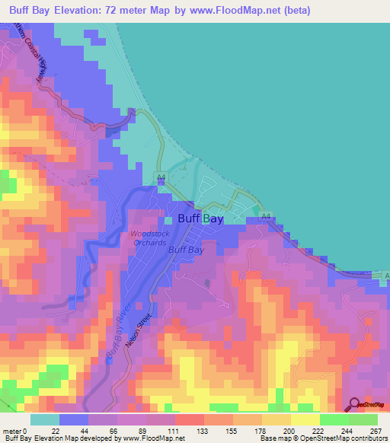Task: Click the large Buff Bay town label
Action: pos(200,218)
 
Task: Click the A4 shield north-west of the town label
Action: pos(161,177)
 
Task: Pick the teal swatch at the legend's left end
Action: pos(45,419)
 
